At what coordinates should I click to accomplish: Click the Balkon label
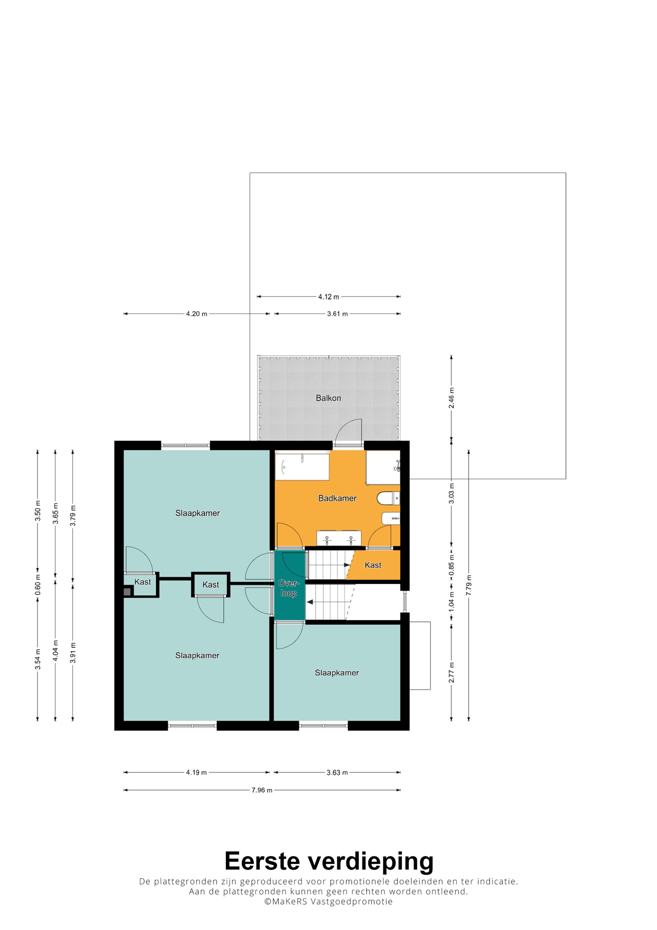point(328,398)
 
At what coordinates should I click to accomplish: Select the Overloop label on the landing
point(288,588)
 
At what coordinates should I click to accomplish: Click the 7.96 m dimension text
point(261,790)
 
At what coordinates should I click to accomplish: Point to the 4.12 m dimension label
point(328,297)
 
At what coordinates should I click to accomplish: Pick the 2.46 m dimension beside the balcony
point(451,398)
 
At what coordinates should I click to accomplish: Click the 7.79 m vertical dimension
point(469,585)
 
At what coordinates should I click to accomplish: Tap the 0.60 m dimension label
point(38,585)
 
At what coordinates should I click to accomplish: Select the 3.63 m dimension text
point(337,772)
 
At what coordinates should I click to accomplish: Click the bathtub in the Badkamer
point(302,467)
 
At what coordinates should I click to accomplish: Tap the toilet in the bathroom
point(388,498)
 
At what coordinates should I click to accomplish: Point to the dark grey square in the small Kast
point(127,592)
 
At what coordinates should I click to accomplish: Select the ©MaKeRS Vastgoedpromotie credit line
point(328,902)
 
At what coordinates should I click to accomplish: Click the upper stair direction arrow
point(347,565)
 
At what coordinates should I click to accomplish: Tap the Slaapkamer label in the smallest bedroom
point(337,673)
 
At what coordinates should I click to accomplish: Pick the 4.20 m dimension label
point(196,314)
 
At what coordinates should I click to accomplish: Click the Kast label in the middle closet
point(211,585)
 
